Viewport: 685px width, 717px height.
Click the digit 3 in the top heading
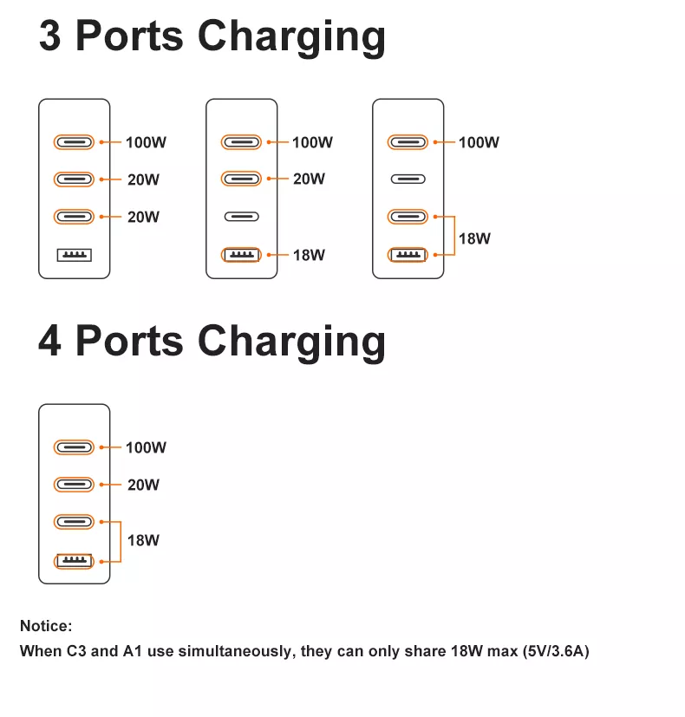[49, 36]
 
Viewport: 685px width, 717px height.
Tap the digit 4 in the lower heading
[49, 341]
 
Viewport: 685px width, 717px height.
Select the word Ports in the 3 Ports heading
[129, 36]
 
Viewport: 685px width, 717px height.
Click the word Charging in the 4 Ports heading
[291, 344]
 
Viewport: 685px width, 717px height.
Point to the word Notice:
[46, 626]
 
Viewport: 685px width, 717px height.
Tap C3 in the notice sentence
[76, 651]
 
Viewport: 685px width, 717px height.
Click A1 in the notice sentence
[133, 651]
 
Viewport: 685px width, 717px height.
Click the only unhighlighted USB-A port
[74, 255]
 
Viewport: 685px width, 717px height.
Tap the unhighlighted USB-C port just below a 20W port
[241, 216]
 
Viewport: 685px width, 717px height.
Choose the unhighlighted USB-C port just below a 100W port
[408, 179]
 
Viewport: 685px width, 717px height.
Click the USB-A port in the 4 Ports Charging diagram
[74, 561]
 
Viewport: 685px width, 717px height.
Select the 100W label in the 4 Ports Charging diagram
[146, 447]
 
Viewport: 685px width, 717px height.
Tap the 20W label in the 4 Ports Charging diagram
[143, 485]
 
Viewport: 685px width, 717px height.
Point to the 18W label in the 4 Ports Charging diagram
[143, 540]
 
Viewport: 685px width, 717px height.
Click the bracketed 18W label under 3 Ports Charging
[474, 238]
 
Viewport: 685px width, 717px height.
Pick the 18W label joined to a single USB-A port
[309, 255]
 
